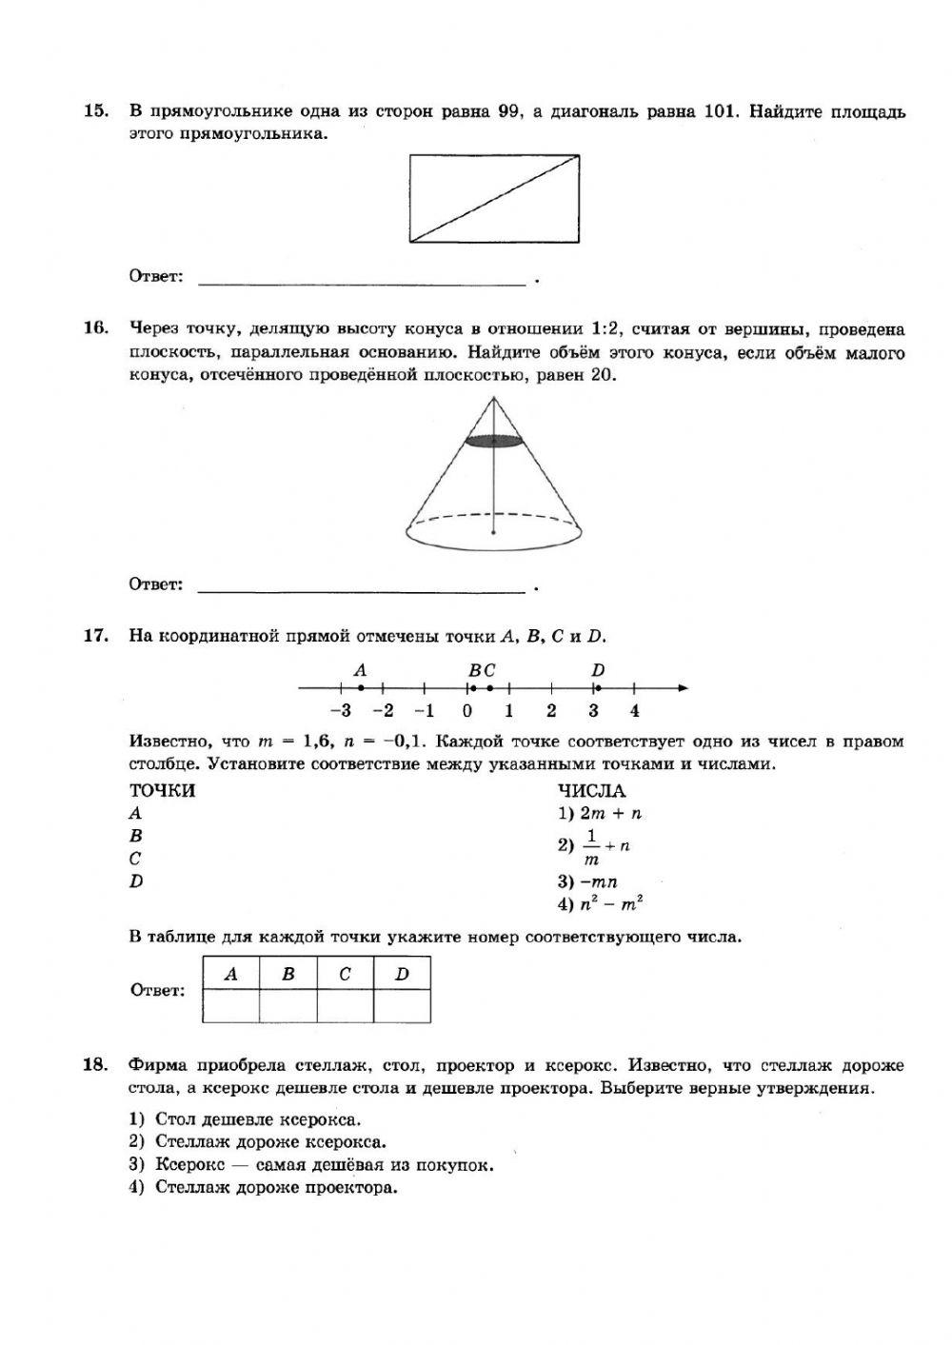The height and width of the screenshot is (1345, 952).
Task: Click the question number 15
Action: pyautogui.click(x=95, y=111)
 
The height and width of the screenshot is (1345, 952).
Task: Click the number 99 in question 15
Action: pyautogui.click(x=508, y=111)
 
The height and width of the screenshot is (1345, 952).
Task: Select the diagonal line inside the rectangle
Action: pyautogui.click(x=494, y=199)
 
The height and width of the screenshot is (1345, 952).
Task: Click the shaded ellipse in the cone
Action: pyautogui.click(x=494, y=440)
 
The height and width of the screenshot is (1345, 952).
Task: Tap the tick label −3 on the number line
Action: pyautogui.click(x=339, y=710)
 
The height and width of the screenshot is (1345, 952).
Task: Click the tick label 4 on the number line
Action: pyautogui.click(x=635, y=710)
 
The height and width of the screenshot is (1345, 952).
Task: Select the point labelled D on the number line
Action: pyautogui.click(x=597, y=687)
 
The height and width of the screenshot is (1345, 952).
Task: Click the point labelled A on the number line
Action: pyautogui.click(x=360, y=687)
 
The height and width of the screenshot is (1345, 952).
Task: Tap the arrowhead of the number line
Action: pyautogui.click(x=682, y=687)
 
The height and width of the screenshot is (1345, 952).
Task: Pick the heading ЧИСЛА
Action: pyautogui.click(x=591, y=791)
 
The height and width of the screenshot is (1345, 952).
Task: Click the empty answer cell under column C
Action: pyautogui.click(x=345, y=1006)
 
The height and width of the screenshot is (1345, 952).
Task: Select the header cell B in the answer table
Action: pyautogui.click(x=288, y=974)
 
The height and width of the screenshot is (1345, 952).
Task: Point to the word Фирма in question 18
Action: pyautogui.click(x=158, y=1065)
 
